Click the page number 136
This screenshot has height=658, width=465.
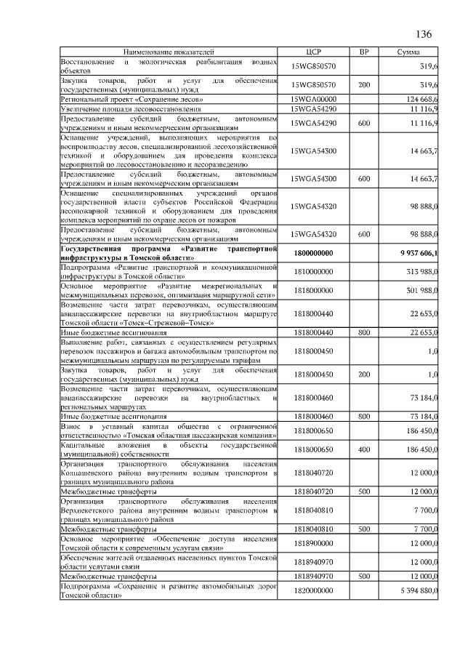click(423, 34)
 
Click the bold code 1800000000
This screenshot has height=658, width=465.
click(319, 252)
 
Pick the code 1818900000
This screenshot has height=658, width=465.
click(319, 542)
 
